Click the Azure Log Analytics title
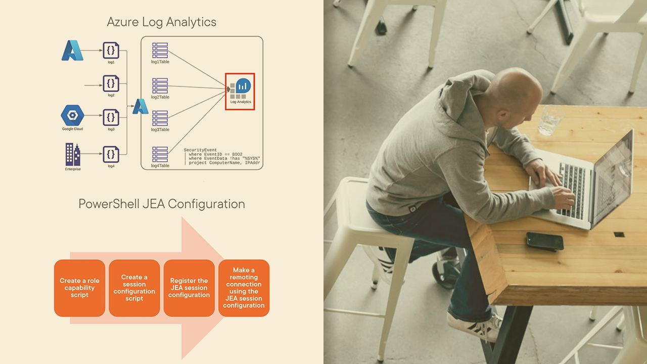tap(161, 22)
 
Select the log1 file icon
tap(111, 51)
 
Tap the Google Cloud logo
tap(72, 115)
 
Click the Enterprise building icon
tap(73, 154)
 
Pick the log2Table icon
tap(160, 85)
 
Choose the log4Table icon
tap(160, 154)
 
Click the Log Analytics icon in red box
tap(240, 89)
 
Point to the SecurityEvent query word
tap(200, 150)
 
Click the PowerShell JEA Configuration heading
tap(161, 204)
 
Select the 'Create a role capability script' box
tap(80, 288)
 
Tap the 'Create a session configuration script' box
tap(134, 288)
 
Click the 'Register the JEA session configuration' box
tap(189, 288)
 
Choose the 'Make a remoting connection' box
tap(244, 288)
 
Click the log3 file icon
tap(111, 117)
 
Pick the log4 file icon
tap(111, 154)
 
